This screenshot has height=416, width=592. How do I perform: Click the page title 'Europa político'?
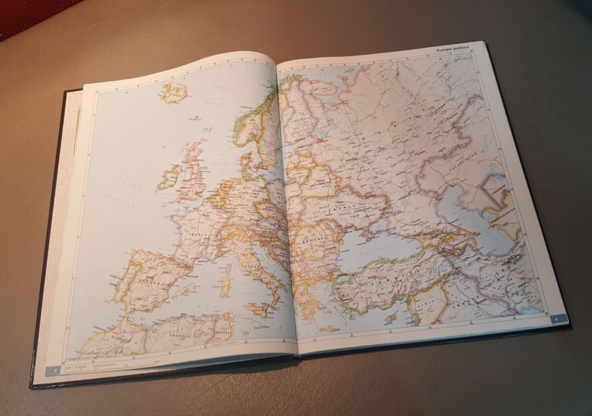(452, 47)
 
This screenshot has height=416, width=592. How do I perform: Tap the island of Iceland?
(175, 93)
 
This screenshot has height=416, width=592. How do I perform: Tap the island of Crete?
(327, 329)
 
